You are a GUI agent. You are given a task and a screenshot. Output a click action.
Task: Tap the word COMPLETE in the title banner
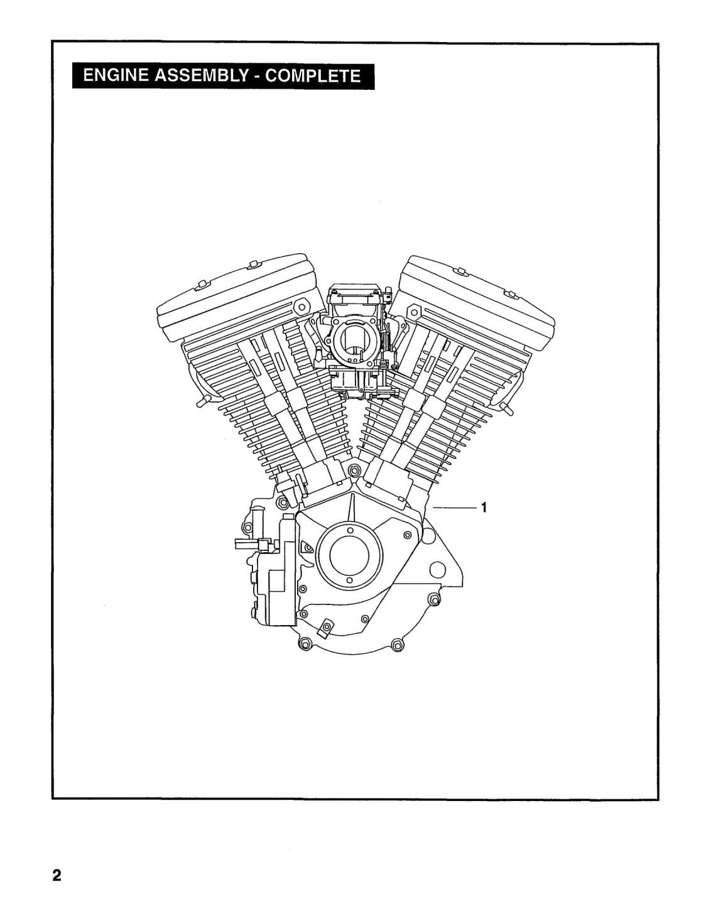313,76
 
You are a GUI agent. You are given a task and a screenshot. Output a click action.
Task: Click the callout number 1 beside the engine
484,507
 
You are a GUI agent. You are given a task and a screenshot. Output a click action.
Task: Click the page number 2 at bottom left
57,874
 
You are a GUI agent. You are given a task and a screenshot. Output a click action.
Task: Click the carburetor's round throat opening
355,341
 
